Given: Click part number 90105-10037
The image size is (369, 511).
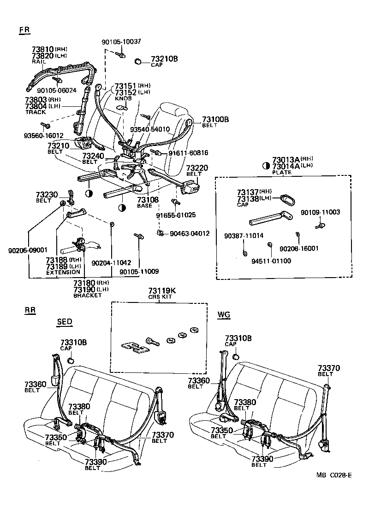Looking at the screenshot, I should (x=121, y=42).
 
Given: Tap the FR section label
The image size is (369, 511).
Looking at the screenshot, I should (x=25, y=30).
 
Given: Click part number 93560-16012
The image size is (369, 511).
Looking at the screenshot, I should (x=44, y=136).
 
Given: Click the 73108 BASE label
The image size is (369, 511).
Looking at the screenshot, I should (x=148, y=200).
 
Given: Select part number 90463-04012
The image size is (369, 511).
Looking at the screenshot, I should (x=189, y=233).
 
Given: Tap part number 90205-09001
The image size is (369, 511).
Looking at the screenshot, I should (x=28, y=250).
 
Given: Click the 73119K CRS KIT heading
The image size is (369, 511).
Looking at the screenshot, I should (x=162, y=291).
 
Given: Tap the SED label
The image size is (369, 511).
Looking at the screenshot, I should (x=65, y=322).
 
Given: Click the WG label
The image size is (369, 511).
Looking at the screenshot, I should (x=224, y=314).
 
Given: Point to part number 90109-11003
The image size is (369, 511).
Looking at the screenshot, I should (x=320, y=212).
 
